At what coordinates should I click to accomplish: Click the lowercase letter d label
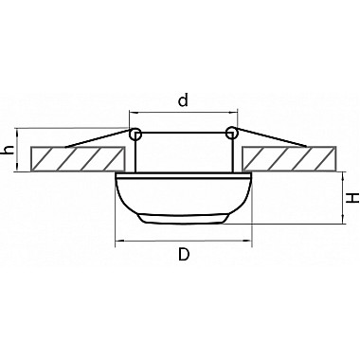coord(183,99)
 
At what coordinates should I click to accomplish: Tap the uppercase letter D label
coord(184,254)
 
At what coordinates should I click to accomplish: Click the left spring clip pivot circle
coord(135,134)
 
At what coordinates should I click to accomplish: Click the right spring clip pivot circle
coord(231,133)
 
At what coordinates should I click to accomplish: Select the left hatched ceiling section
coord(78,159)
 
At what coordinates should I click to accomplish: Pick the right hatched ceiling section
coord(289,159)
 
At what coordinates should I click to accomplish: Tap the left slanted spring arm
coord(98,138)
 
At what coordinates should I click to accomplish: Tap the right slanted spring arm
coord(271,137)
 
